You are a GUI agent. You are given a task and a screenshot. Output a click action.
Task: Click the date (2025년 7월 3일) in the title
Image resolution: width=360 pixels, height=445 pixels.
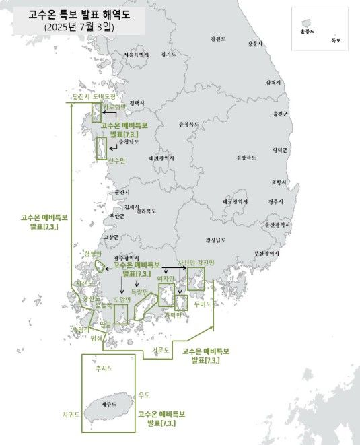[79, 28]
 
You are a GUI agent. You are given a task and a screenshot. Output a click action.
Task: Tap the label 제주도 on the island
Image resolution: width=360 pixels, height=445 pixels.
[108, 405]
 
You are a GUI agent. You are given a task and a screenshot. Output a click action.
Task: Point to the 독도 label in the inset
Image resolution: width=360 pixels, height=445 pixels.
[336, 41]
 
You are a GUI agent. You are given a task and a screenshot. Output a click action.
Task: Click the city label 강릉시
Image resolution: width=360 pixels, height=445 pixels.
[254, 44]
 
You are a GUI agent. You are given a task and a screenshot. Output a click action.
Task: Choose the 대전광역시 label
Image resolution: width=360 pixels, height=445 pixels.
[162, 158]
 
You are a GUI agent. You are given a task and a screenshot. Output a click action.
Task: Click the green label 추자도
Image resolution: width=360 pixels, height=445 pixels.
[104, 368]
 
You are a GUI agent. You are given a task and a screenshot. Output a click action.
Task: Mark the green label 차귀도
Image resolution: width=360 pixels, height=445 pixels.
[71, 415]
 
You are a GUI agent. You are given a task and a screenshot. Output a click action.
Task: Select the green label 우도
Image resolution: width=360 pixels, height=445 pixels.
[144, 395]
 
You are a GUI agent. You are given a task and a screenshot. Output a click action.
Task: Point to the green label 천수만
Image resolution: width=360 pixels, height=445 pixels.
[116, 160]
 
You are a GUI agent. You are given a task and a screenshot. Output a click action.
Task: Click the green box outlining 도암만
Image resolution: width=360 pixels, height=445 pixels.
[121, 314]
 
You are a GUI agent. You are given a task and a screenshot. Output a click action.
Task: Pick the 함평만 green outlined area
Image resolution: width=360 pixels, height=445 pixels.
[99, 266]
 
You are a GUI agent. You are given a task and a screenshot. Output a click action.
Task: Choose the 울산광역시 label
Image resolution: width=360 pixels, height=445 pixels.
[277, 225]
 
